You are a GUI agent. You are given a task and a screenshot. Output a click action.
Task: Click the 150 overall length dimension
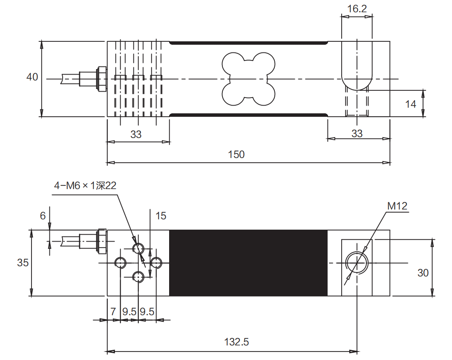point(236,154)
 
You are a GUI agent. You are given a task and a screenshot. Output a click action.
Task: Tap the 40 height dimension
point(32,77)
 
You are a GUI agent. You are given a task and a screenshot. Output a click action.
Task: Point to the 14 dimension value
point(410,104)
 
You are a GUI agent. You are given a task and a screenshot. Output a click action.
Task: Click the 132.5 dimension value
point(236,342)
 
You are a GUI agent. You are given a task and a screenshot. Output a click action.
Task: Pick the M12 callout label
point(397,206)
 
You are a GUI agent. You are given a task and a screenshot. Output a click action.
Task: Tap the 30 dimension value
point(423,273)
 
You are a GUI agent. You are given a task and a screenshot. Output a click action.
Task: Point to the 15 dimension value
point(161,216)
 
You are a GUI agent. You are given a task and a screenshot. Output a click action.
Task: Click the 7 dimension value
point(113,312)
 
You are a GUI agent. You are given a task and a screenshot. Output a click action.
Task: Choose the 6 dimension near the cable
point(43,216)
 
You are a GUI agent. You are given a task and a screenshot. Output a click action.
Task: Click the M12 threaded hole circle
point(357,262)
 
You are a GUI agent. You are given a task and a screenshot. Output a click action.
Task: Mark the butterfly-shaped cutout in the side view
point(248,79)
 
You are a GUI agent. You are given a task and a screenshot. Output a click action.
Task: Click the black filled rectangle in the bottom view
point(248,263)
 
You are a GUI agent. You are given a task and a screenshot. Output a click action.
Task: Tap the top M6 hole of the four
point(138,248)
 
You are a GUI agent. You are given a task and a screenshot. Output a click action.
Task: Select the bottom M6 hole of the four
point(138,277)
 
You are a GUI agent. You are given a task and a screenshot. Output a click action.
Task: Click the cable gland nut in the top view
point(101,78)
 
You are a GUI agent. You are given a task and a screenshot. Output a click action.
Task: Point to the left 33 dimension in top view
point(136,134)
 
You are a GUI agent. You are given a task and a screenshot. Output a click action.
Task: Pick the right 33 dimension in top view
point(357,133)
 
